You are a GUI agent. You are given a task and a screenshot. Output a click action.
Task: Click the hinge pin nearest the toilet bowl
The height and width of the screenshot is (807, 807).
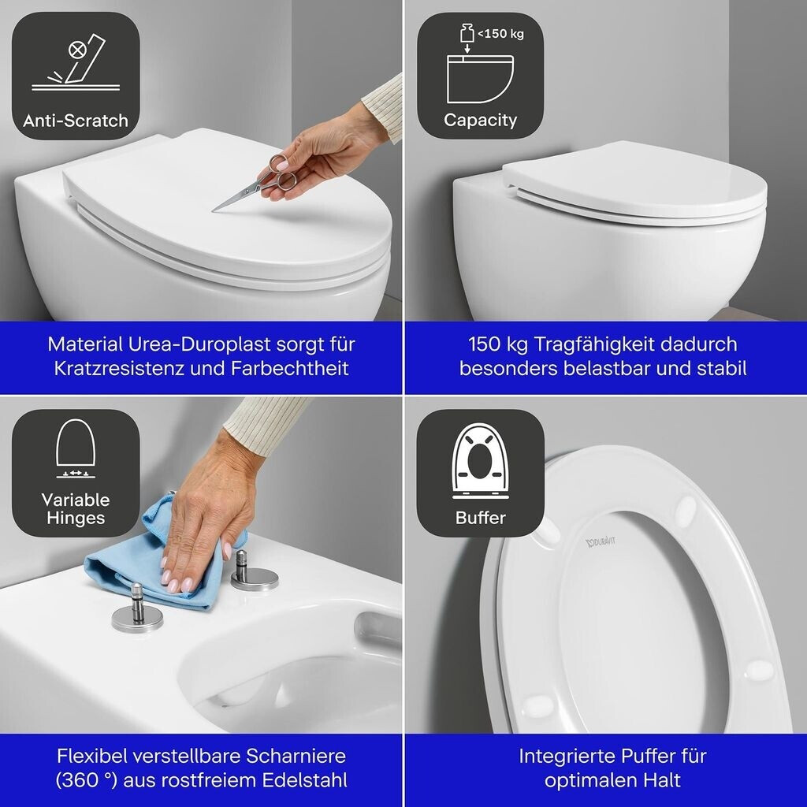(x=137, y=608)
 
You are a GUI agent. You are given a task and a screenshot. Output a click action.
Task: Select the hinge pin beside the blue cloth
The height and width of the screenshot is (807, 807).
(x=254, y=571)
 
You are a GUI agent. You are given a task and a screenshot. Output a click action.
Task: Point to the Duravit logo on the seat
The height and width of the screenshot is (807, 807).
(x=601, y=542)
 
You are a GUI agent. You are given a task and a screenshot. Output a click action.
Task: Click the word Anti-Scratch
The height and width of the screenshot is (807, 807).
(x=76, y=121)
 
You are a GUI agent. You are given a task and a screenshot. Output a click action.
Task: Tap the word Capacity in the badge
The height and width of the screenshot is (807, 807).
(x=480, y=120)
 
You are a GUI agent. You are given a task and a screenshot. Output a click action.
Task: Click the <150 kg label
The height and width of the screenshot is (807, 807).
(x=500, y=34)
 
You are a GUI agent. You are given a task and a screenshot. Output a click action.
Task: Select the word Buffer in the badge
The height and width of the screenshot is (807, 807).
(x=480, y=518)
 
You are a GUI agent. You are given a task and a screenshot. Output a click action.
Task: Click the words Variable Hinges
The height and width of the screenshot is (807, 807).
(x=76, y=508)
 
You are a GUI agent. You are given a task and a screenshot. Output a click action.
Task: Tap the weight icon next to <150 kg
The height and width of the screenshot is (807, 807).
(x=467, y=33)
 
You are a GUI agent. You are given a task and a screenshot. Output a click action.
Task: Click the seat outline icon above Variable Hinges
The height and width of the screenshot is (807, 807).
(x=76, y=448)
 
